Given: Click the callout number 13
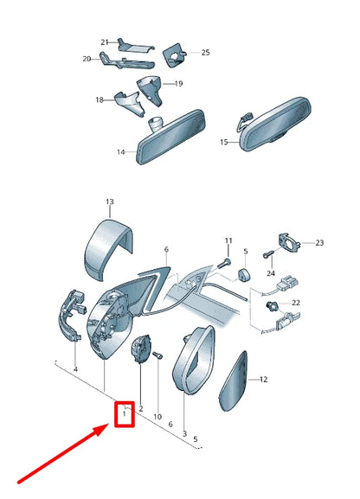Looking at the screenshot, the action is click(x=110, y=202).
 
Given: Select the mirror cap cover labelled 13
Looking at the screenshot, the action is click(x=106, y=249).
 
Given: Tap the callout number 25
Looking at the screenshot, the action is click(x=205, y=53).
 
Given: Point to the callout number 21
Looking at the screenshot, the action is click(x=105, y=42).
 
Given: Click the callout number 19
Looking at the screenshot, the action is click(x=179, y=84).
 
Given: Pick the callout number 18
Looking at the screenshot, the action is click(x=100, y=100).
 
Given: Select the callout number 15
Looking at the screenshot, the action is click(x=224, y=142).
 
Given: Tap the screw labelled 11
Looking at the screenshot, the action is click(x=224, y=263).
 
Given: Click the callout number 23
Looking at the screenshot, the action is click(x=319, y=243).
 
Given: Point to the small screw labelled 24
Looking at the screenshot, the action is click(x=268, y=254).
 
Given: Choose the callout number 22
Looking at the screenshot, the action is click(x=296, y=303).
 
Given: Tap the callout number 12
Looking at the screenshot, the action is click(x=263, y=380).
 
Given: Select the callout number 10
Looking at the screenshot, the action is click(x=157, y=417).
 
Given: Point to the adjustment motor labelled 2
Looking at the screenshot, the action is click(x=141, y=349).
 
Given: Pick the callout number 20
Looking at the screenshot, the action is click(x=87, y=59).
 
